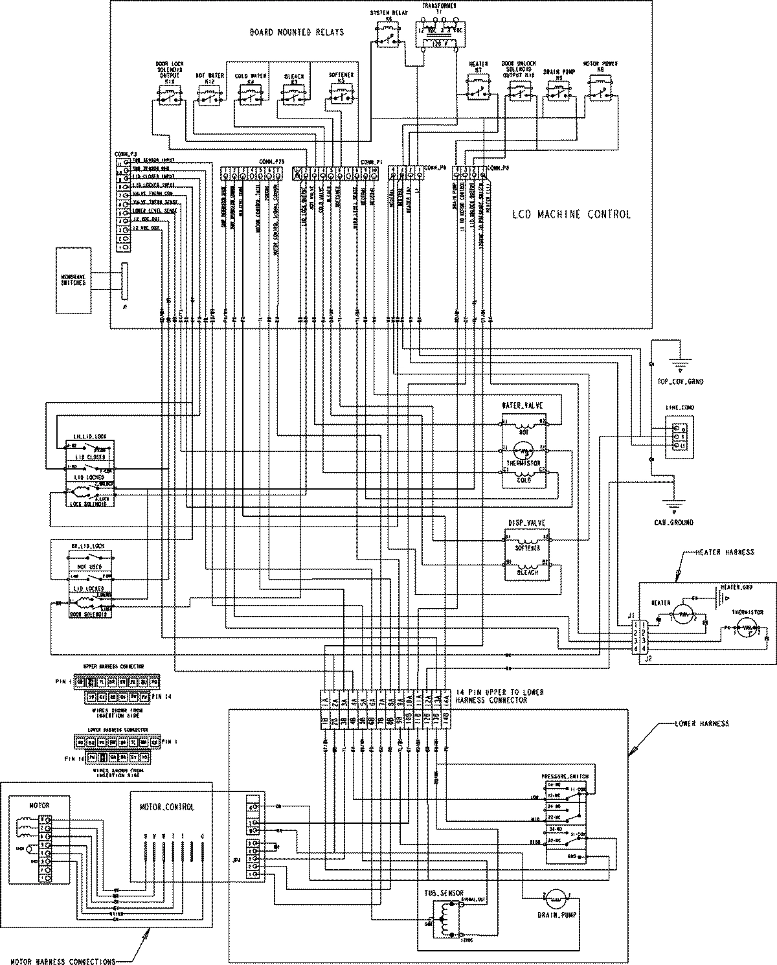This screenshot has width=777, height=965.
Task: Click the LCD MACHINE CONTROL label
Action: tap(570, 214)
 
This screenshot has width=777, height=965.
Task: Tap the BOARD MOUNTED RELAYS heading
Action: tap(297, 32)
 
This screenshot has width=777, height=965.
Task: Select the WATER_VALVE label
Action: tap(523, 406)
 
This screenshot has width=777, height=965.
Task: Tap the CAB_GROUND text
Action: tap(673, 522)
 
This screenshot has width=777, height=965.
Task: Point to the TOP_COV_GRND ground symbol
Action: tap(678, 366)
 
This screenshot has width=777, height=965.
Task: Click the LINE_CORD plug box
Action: tap(677, 437)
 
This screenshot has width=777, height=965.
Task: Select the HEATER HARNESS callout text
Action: tap(725, 552)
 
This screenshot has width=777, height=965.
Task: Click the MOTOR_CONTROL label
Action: tap(167, 808)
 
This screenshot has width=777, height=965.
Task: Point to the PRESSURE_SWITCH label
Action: tap(565, 776)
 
